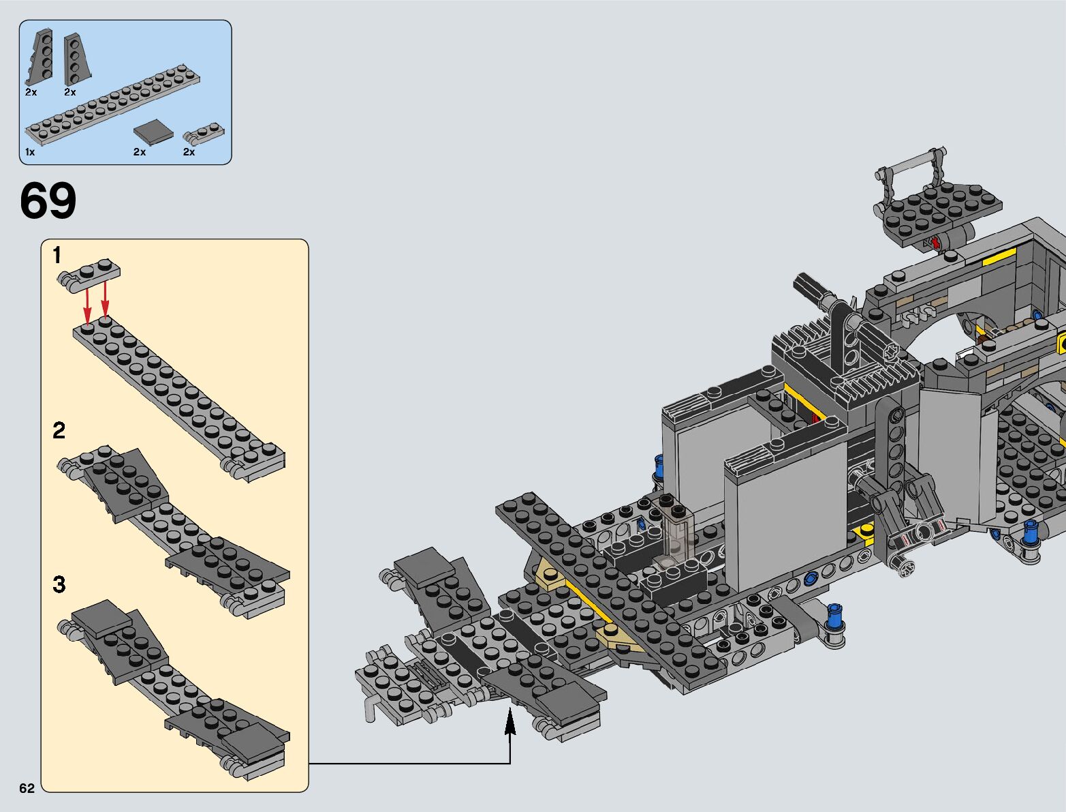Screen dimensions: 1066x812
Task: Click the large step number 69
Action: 48,200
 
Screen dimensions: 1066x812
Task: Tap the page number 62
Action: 27,788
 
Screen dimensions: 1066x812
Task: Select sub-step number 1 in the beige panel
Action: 57,255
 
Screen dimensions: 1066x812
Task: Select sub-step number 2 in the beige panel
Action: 59,430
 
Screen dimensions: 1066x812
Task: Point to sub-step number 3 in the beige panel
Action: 59,584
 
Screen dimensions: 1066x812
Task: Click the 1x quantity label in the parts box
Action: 30,152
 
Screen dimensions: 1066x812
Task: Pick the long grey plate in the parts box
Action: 112,105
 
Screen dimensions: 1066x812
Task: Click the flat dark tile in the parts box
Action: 153,132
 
